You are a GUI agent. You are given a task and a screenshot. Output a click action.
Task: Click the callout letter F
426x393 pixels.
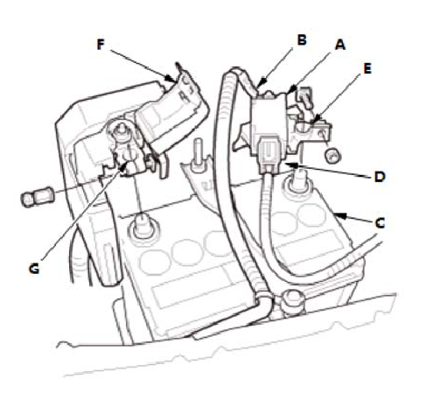point(101,45)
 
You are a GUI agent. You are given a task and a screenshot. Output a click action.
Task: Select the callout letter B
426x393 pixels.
point(302,39)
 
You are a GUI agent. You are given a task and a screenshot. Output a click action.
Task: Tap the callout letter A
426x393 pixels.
point(340,45)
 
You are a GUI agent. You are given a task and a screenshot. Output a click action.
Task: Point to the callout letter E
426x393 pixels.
point(367,69)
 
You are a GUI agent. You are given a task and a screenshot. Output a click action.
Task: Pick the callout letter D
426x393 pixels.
point(380,177)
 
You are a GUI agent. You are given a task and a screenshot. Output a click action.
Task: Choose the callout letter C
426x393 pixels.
point(380,223)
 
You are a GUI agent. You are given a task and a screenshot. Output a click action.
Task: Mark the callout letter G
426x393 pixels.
point(34,269)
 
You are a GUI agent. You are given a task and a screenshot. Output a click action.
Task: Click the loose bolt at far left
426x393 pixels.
point(37,196)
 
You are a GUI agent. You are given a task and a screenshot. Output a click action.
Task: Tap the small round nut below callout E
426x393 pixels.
point(332,156)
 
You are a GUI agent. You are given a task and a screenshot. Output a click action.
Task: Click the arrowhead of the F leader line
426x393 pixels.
point(170,79)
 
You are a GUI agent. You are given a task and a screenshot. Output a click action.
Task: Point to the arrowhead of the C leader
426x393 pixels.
point(340,216)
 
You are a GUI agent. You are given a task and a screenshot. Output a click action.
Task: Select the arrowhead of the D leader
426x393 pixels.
point(291,165)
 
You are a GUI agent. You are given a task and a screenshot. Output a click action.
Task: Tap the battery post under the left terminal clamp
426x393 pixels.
point(143,225)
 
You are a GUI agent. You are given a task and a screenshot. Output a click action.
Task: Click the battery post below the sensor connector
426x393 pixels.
point(298,181)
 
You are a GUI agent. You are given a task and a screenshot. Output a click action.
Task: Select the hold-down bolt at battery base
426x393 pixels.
point(293,303)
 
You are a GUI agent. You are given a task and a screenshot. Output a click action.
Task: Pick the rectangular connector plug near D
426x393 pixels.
point(269,154)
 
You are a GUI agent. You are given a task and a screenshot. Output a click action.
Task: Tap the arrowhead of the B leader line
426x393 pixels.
point(262,81)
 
